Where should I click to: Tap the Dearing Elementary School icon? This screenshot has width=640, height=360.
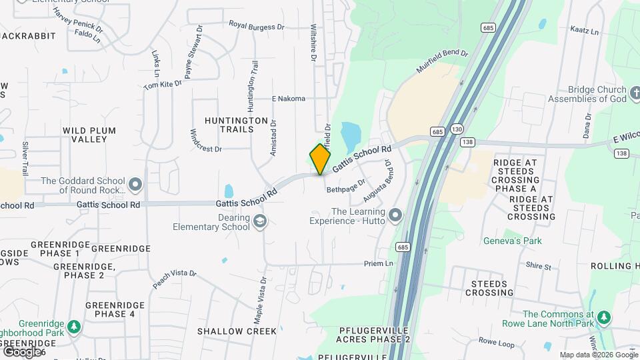259,221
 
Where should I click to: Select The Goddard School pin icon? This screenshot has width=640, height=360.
136,184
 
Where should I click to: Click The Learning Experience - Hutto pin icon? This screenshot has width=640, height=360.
395,215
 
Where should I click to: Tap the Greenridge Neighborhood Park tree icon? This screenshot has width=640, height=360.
74,327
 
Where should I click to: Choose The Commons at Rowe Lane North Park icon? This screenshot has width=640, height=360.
603,317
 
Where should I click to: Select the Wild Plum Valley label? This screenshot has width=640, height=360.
89,135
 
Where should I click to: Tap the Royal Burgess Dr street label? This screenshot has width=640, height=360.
257,25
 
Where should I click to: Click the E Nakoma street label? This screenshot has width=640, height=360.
288,99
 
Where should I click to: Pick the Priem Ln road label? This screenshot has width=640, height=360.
378,264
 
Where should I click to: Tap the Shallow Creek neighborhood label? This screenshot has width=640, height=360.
237,331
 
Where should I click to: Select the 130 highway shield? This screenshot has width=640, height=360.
457,128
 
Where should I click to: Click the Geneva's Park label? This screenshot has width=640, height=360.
513,241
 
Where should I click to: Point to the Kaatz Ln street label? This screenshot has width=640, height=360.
585,31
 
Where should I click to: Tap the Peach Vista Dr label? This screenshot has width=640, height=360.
175,279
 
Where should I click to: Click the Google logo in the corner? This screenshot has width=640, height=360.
21,351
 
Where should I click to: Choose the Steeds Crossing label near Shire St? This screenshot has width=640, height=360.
489,288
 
